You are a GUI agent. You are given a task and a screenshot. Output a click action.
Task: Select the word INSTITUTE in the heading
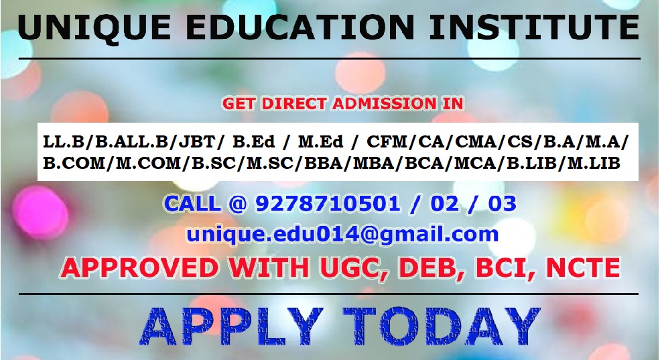point(534,27)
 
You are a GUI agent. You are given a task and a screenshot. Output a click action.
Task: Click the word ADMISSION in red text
point(384,104)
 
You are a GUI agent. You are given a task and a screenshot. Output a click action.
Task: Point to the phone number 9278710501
point(327,204)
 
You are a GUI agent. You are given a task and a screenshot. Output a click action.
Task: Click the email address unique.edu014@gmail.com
point(342,235)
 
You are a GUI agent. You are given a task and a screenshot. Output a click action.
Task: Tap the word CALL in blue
point(192,204)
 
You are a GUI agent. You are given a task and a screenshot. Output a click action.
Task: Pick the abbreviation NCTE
point(583,267)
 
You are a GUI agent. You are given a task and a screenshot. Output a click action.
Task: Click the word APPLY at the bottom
point(231,326)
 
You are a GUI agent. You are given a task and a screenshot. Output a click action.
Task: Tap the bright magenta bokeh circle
point(40,213)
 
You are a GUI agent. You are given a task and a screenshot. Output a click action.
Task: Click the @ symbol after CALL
point(238,204)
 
